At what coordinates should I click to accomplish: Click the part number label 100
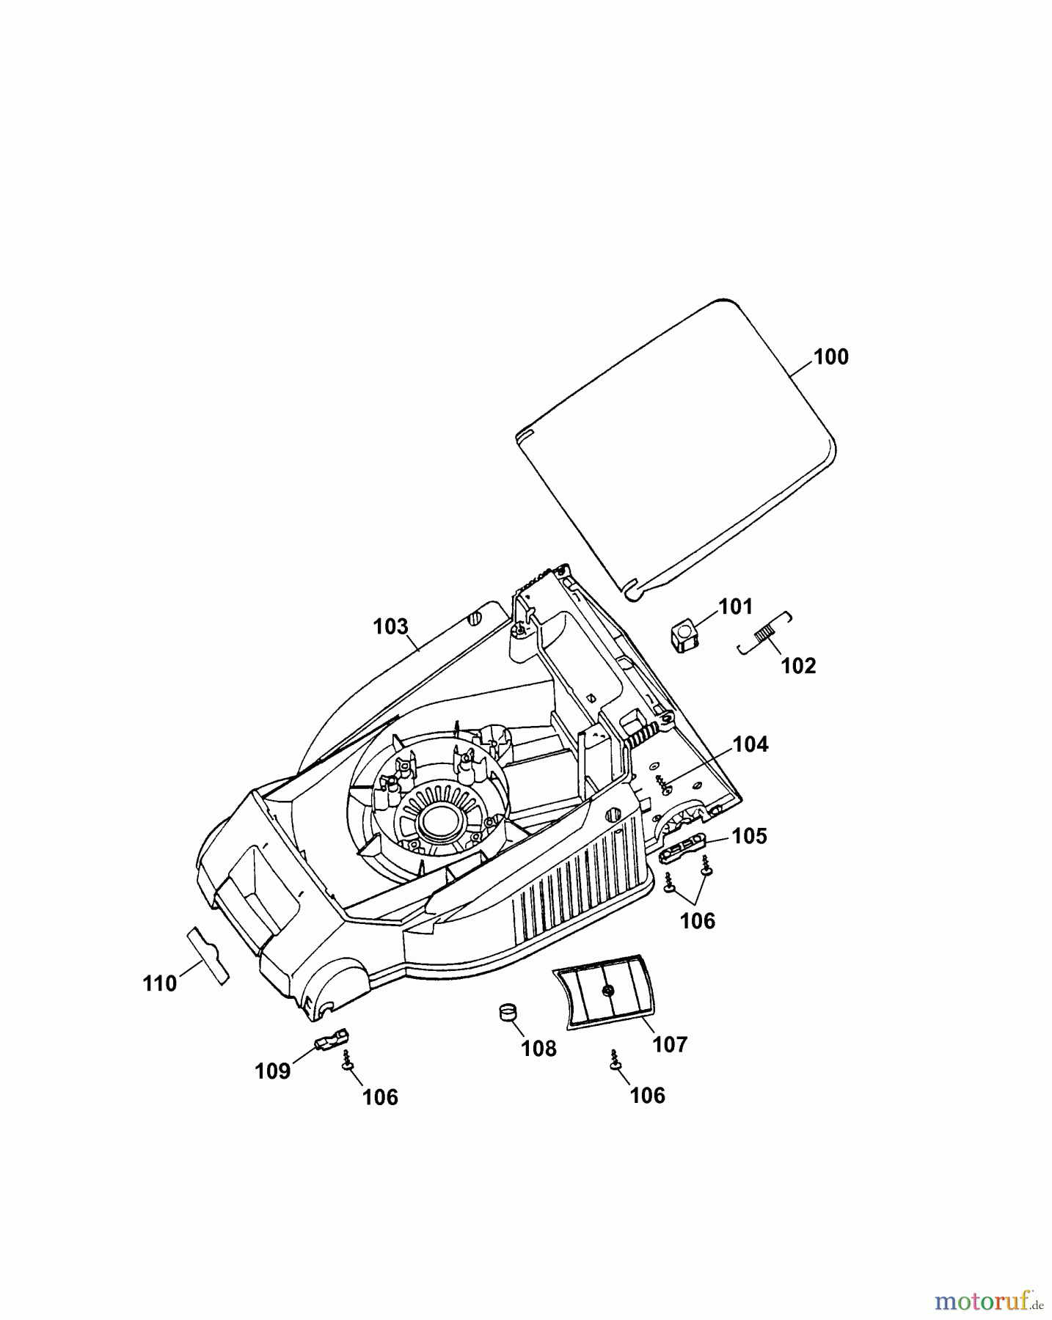(x=831, y=357)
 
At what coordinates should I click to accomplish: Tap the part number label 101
(x=735, y=606)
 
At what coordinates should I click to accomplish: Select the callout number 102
(x=798, y=666)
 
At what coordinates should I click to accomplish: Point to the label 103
(x=390, y=626)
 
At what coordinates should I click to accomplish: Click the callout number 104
(x=750, y=744)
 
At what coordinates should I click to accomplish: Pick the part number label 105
(x=749, y=836)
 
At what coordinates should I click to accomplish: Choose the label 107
(x=670, y=1044)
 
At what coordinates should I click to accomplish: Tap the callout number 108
(x=538, y=1049)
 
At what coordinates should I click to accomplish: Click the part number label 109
(x=273, y=1071)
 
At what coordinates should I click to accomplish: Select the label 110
(x=160, y=983)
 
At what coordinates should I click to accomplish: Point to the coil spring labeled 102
(x=765, y=632)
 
